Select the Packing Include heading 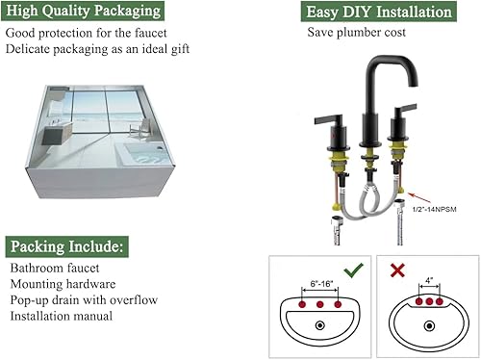point(64,245)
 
